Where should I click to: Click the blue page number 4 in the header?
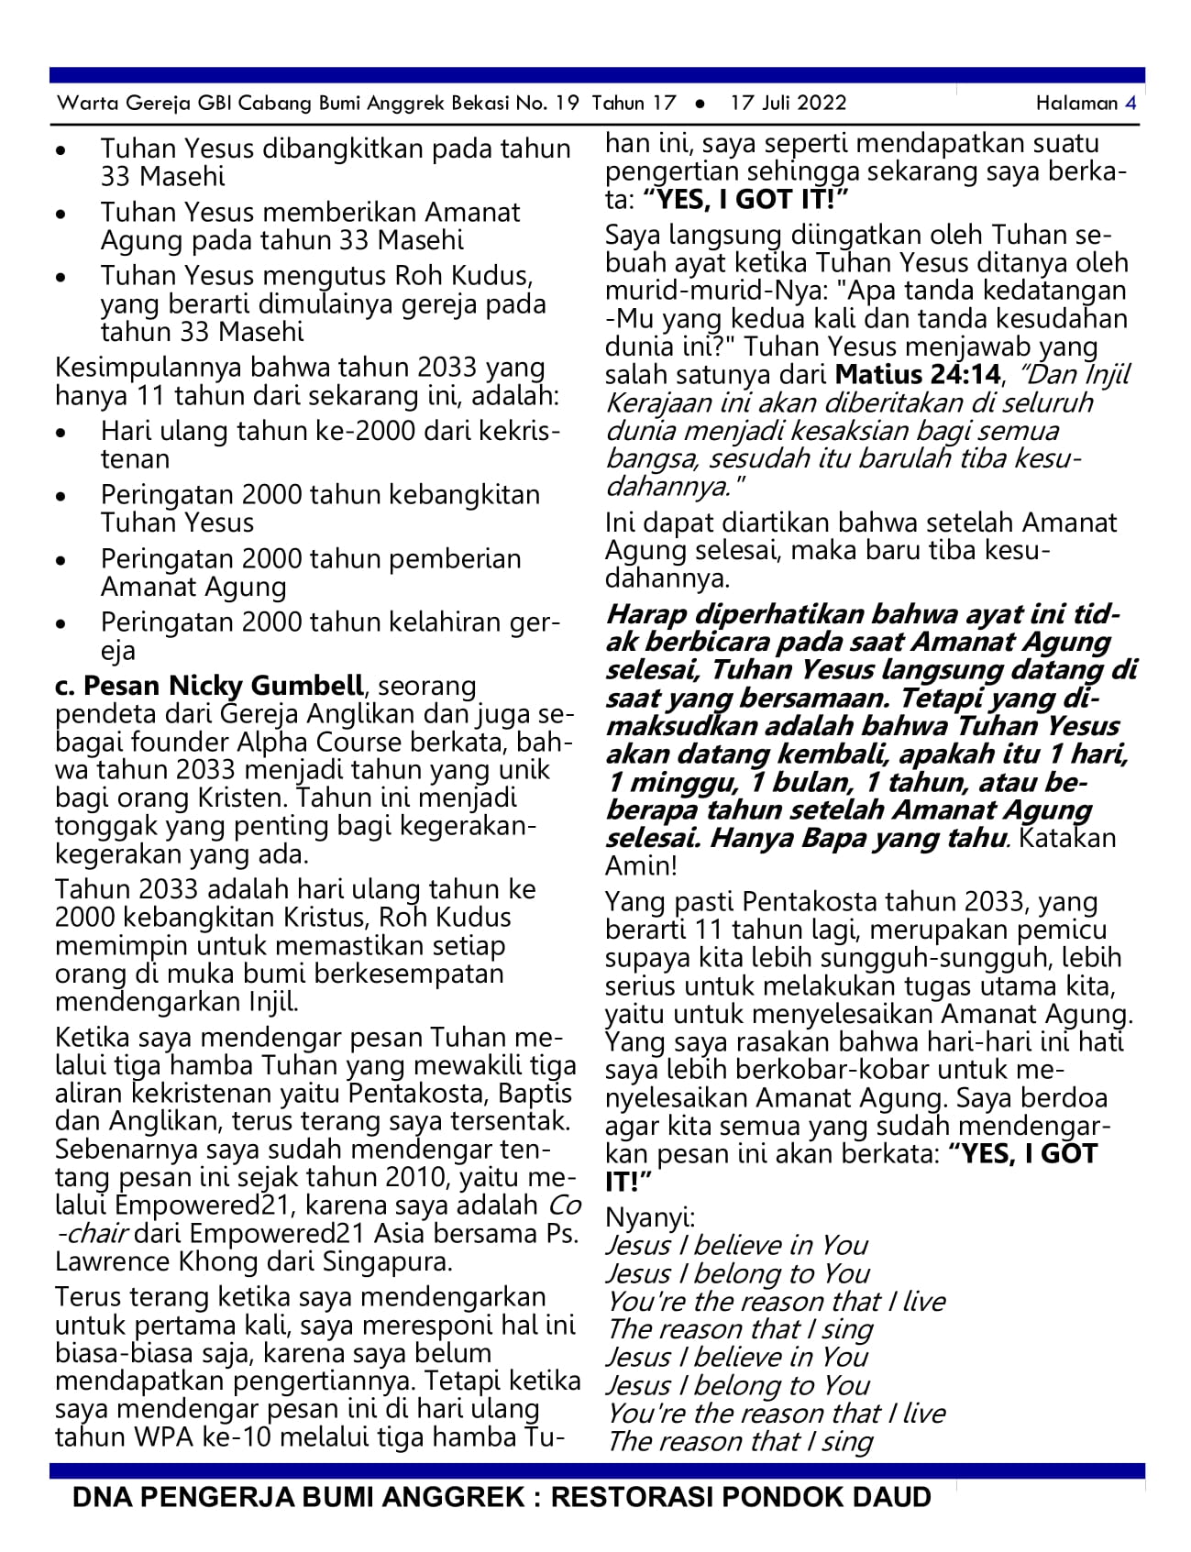(1130, 103)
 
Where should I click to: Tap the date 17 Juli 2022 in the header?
(788, 103)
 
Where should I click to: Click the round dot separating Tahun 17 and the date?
(700, 104)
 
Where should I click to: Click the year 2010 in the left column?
(395, 1177)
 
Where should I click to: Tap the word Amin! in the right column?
(641, 865)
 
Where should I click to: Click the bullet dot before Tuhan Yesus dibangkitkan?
(61, 149)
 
